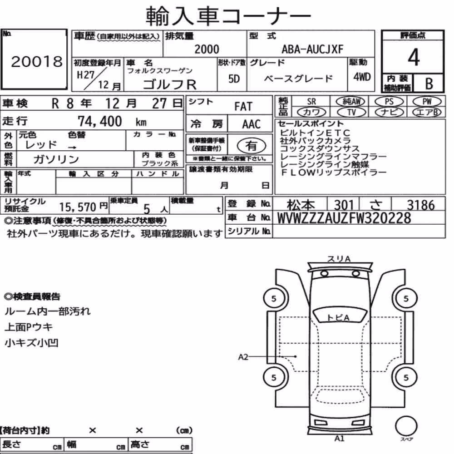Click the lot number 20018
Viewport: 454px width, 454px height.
point(37,61)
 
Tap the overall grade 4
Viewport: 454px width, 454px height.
point(414,57)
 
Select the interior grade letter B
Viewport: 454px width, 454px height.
point(429,84)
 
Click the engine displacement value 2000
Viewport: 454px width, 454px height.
point(207,49)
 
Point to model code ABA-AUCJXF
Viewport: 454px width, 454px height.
point(313,49)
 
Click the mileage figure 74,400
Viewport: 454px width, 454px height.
point(100,121)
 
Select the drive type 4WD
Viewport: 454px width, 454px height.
point(362,77)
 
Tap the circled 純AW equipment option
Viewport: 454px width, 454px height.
point(350,101)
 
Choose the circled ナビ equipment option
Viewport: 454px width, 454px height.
point(389,112)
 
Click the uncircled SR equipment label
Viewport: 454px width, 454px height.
point(311,102)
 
